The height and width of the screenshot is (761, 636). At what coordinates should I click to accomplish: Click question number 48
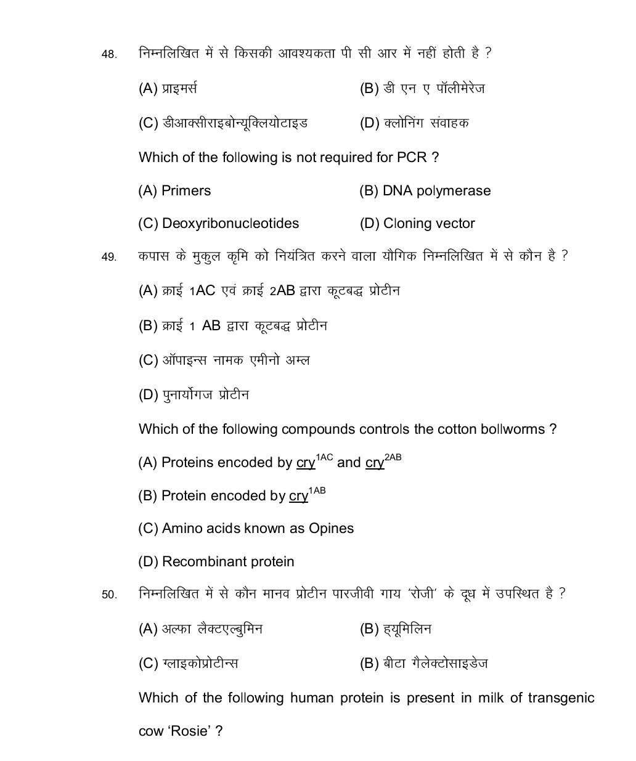click(109, 55)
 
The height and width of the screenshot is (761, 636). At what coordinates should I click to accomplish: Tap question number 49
click(109, 257)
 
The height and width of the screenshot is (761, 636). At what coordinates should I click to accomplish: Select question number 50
click(109, 595)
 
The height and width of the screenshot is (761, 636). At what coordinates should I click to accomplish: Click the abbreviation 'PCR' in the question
click(412, 158)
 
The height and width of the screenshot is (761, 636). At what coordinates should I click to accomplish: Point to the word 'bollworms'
click(514, 429)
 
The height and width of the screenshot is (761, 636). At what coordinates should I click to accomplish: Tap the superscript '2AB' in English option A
click(393, 457)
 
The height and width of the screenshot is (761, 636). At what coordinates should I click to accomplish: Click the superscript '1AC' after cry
click(324, 457)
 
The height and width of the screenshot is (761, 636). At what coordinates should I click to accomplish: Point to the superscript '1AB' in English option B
click(317, 490)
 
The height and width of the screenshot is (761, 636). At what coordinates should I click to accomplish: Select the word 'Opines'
click(331, 529)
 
